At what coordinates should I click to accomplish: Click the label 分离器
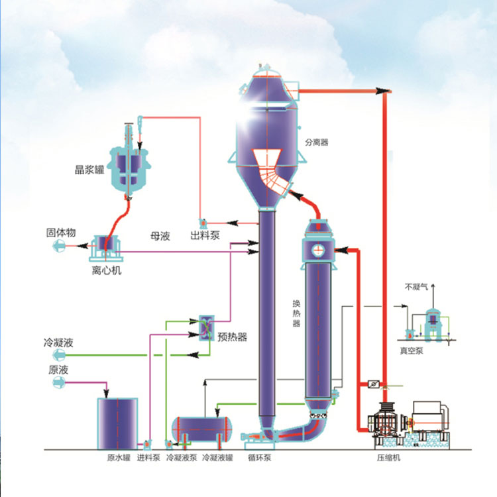coord(317,142)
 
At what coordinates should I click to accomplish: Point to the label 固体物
coord(61,233)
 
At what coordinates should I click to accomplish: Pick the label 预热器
coord(232,337)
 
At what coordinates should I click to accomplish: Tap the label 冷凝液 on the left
coord(58,343)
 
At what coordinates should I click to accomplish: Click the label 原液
coord(58,370)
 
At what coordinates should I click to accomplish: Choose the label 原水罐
coord(119,457)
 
